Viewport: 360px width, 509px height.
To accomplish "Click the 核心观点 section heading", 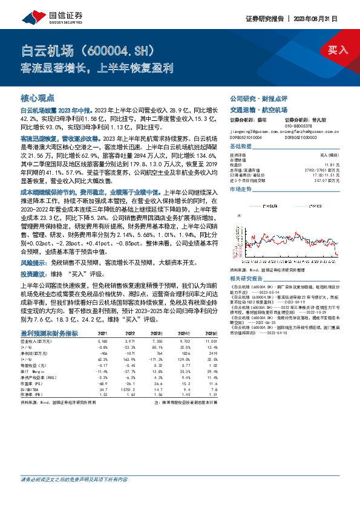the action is pyautogui.click(x=37, y=97).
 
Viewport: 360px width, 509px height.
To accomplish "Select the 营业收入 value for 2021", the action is pyautogui.click(x=102, y=342).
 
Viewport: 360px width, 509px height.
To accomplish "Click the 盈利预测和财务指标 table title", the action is pyautogui.click(x=49, y=333).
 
